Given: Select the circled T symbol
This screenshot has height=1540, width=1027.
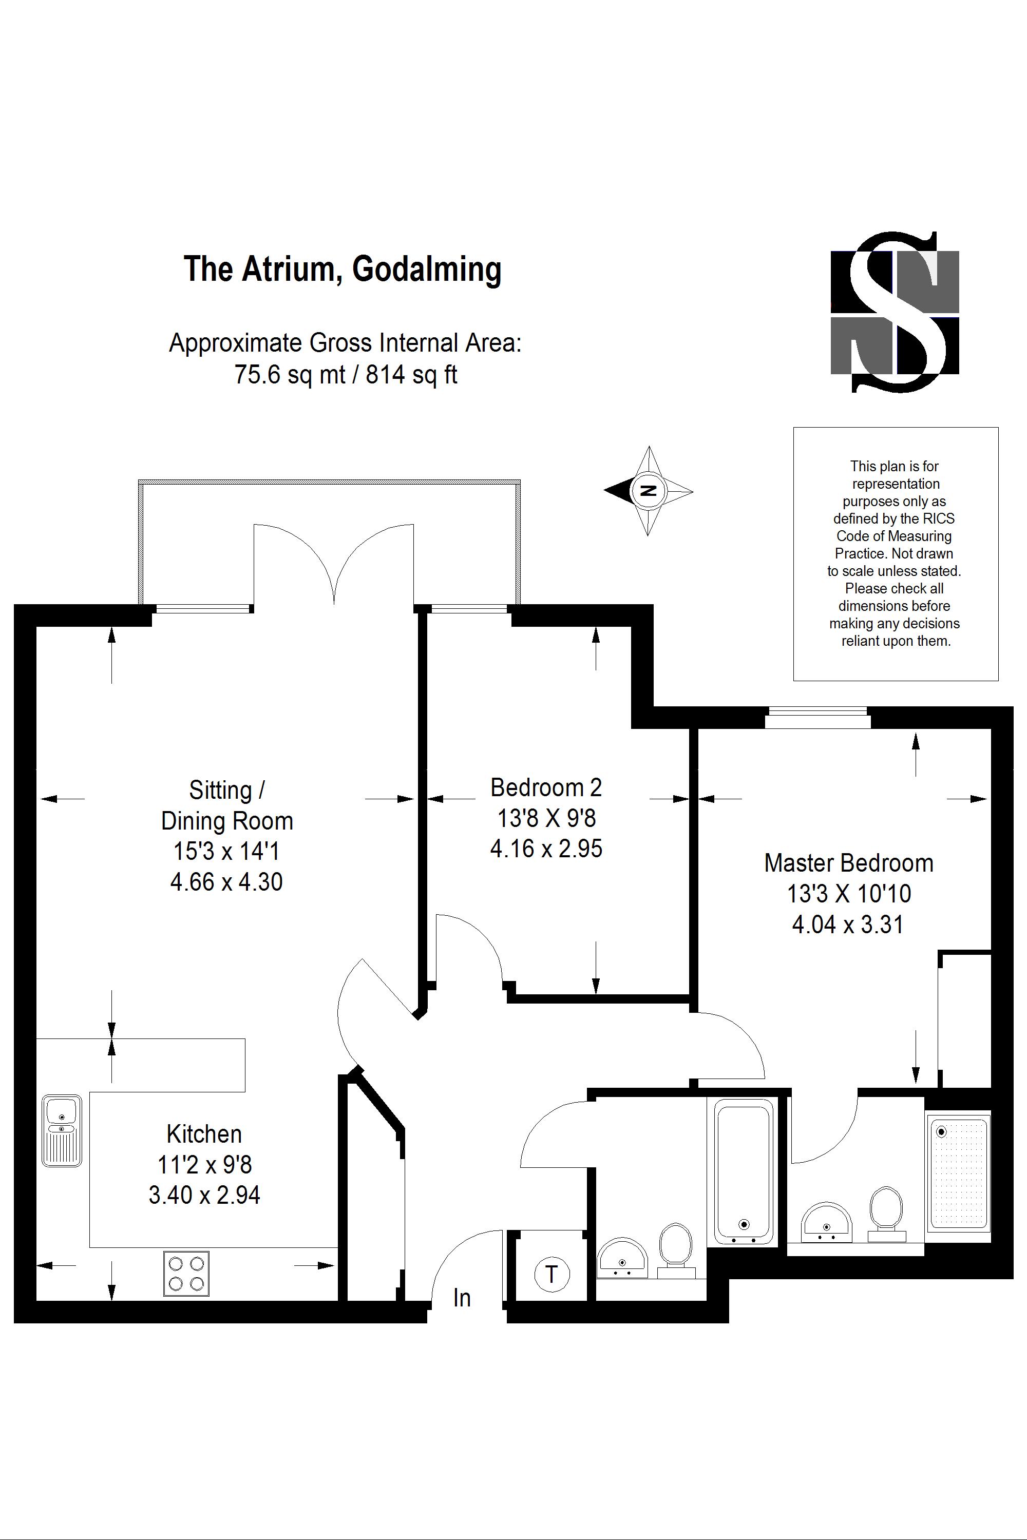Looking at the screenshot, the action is pos(551,1274).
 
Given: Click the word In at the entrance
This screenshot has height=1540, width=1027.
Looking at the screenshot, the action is pos(462,1298).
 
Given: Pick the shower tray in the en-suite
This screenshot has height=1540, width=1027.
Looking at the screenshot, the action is pos(958,1171).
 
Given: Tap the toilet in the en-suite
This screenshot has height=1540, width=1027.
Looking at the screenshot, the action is pos(886,1211).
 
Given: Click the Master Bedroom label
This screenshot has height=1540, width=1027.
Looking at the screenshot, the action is pos(848,863).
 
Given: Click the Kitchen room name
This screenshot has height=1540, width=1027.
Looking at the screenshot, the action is pos(204,1133).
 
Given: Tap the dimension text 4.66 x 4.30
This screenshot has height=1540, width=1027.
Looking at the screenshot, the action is pos(226,882).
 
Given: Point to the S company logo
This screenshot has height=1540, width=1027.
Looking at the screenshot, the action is pos(895,312).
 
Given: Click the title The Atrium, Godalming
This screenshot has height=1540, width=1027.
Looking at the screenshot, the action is pos(343,268).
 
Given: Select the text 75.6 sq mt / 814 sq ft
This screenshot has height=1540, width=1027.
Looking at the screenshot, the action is pos(345,375).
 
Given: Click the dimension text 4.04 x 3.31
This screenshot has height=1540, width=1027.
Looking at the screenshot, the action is pos(848,925).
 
